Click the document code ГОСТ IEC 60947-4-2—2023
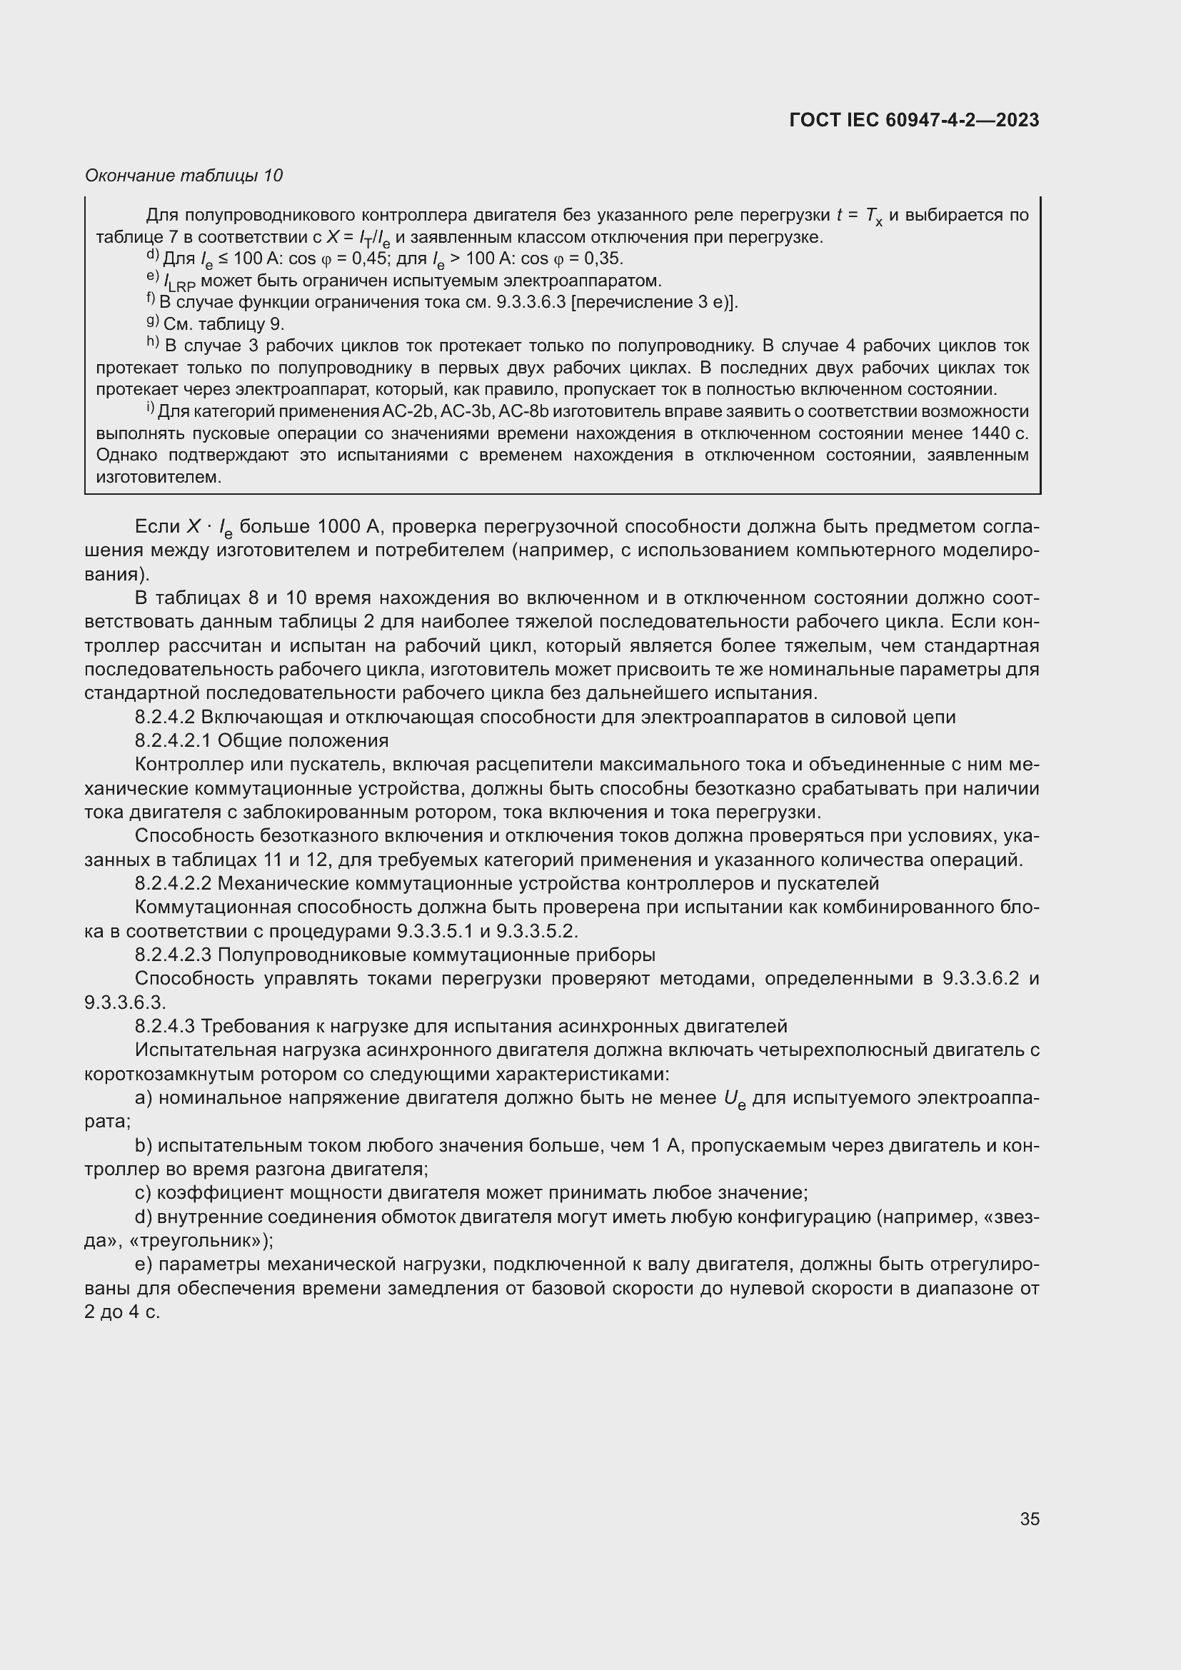(x=913, y=120)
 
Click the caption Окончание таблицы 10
(x=184, y=176)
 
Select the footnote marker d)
(x=153, y=256)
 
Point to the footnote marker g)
(x=153, y=321)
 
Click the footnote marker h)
(x=153, y=343)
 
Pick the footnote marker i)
(x=151, y=409)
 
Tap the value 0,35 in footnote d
(x=603, y=259)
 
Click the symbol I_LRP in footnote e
(x=180, y=282)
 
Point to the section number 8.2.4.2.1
(x=174, y=741)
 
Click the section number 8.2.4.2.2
(x=174, y=884)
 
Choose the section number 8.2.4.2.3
(x=174, y=955)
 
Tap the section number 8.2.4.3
(x=165, y=1026)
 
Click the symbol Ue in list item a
(x=735, y=1099)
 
